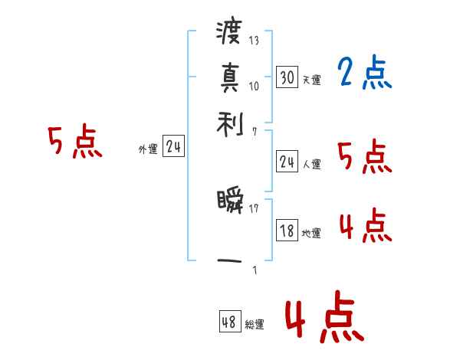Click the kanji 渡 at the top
[x=229, y=34]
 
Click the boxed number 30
[x=287, y=77]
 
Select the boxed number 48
[x=229, y=322]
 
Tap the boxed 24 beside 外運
[x=173, y=148]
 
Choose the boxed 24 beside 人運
[x=287, y=162]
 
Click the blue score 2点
[x=364, y=74]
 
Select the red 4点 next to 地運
[x=364, y=227]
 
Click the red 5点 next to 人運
[x=364, y=158]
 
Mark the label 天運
[x=312, y=80]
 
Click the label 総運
[x=255, y=325]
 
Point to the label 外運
[x=148, y=150]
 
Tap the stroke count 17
[x=254, y=208]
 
